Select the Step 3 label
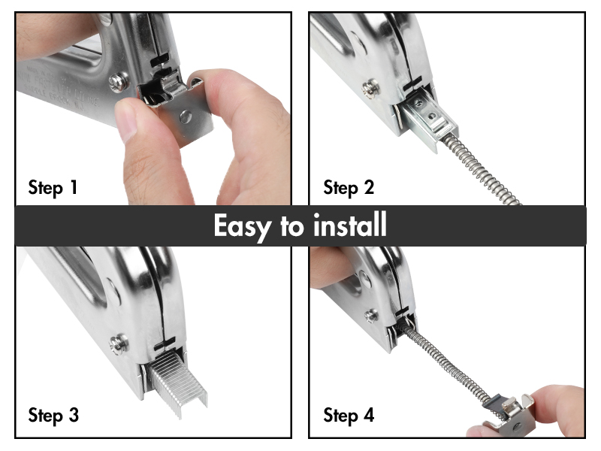coord(53,416)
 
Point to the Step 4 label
coord(349,416)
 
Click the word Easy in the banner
coord(242,227)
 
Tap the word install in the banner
coord(349,225)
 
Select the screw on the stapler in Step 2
coord(371,88)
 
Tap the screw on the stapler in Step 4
coord(371,316)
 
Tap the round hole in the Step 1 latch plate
coord(186,117)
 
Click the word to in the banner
coord(291,226)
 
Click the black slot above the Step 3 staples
coord(165,344)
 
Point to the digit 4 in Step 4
coord(369,415)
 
